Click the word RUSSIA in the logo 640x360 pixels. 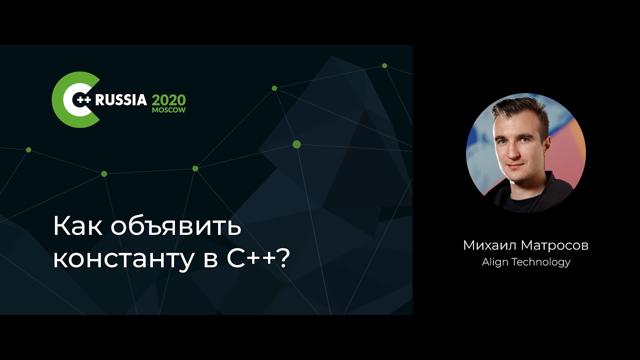pyautogui.click(x=121, y=100)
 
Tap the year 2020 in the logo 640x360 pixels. pyautogui.click(x=168, y=100)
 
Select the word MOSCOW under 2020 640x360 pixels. pyautogui.click(x=168, y=110)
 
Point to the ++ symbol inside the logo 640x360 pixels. pyautogui.click(x=84, y=99)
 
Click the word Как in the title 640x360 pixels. pyautogui.click(x=77, y=226)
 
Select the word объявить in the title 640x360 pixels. pyautogui.click(x=176, y=225)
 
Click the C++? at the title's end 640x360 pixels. pyautogui.click(x=258, y=257)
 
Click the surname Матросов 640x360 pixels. pyautogui.click(x=555, y=245)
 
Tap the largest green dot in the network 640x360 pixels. pyautogui.click(x=296, y=144)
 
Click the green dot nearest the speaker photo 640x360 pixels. pyautogui.click(x=384, y=65)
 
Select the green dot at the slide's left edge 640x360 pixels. pyautogui.click(x=28, y=149)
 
